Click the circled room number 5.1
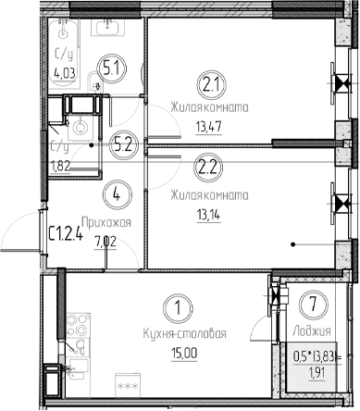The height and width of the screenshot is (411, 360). click(113, 68)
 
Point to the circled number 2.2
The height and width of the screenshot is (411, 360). click(206, 168)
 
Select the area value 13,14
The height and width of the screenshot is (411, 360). click(206, 215)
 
